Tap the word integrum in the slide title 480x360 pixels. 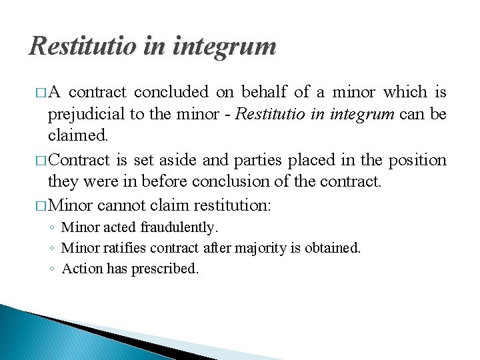[x=224, y=47]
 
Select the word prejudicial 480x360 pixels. [x=86, y=114]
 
